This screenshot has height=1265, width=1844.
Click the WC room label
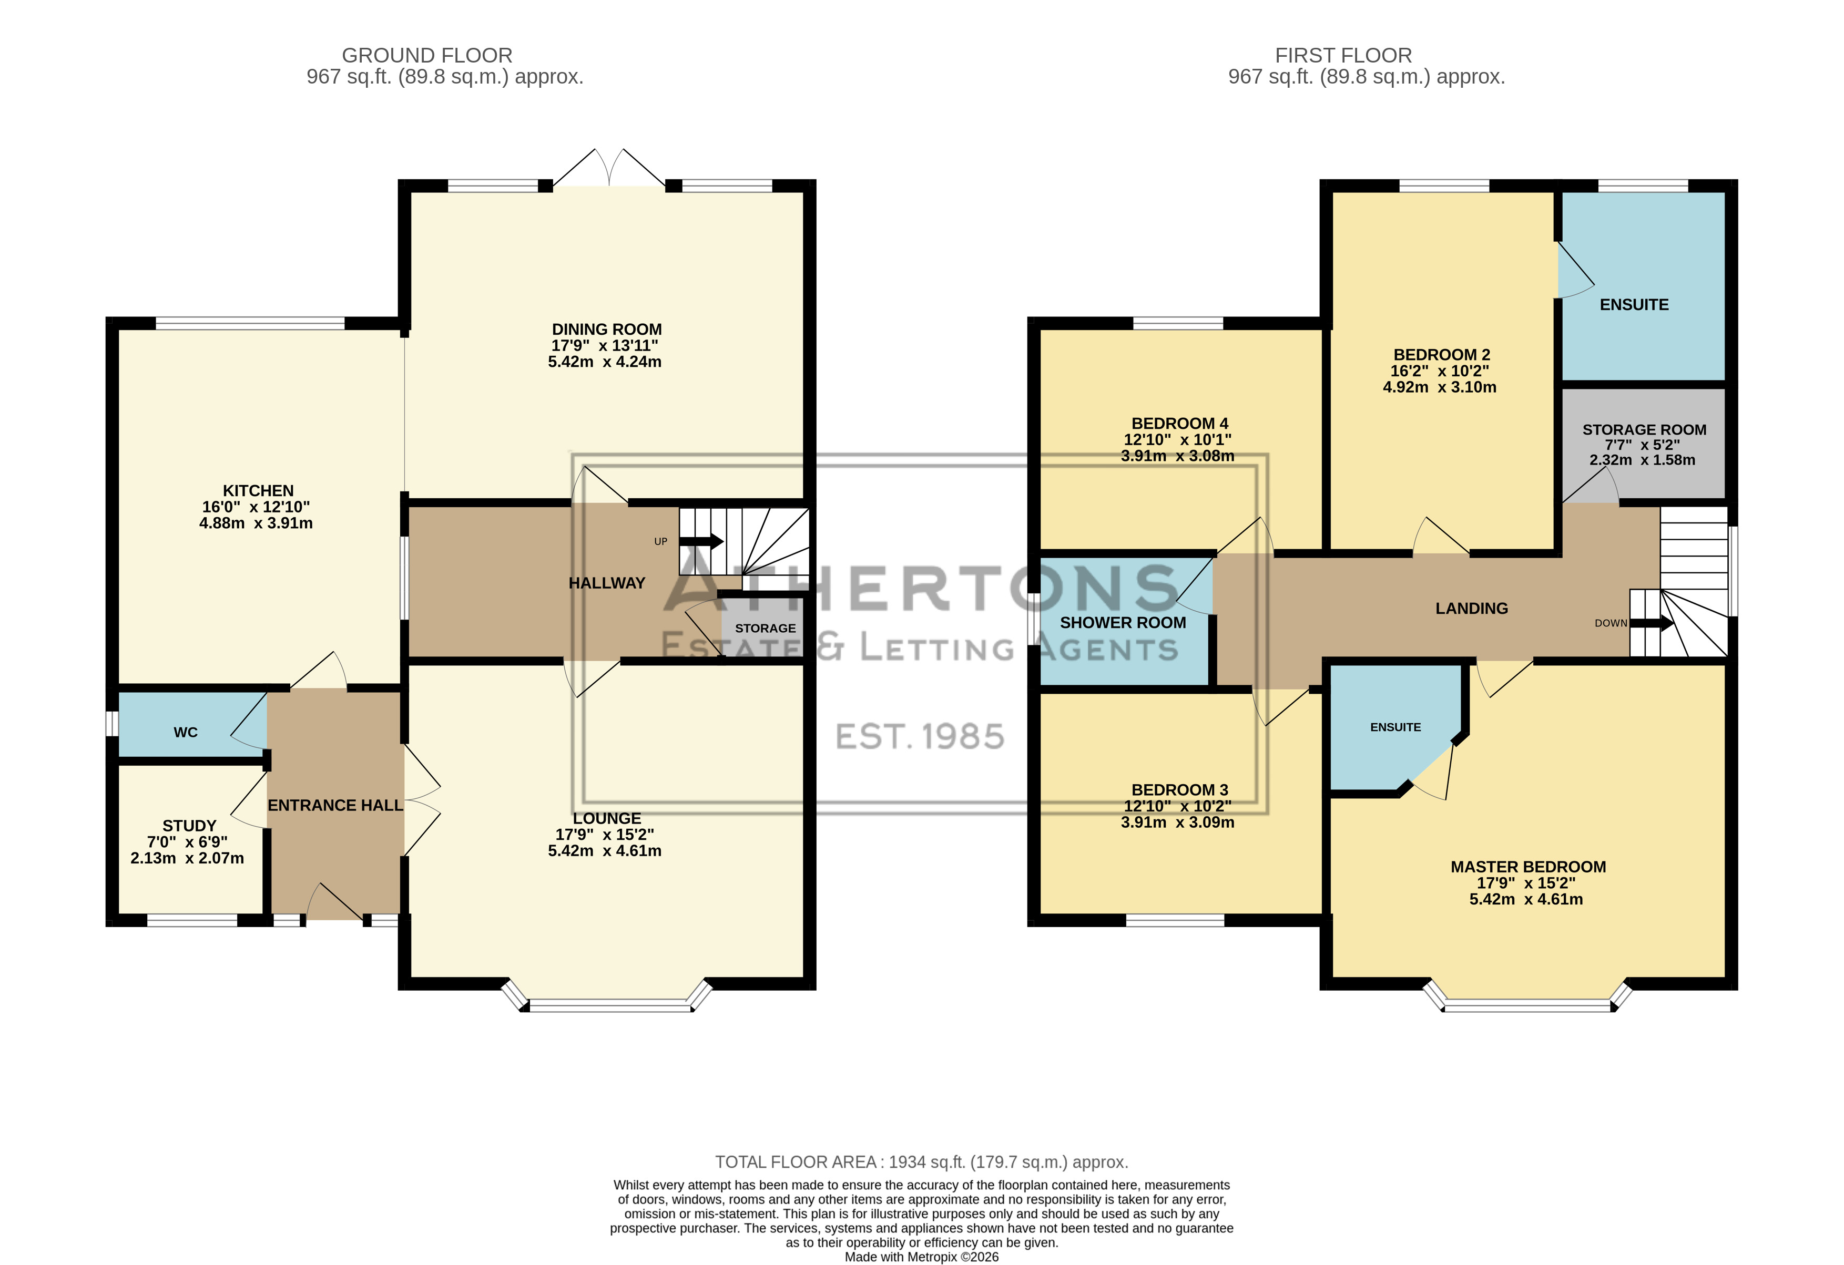point(186,732)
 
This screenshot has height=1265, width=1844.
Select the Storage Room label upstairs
point(1644,430)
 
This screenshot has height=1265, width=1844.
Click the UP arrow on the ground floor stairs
point(700,542)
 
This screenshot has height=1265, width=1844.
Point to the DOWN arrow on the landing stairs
point(1651,623)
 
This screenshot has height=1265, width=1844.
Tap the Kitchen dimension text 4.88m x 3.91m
point(256,523)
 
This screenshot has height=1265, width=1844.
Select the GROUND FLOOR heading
point(427,56)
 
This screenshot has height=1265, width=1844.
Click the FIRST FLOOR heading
point(1343,56)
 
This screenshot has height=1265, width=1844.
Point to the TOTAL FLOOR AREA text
point(921,1162)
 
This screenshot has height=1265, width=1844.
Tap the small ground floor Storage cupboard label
point(765,628)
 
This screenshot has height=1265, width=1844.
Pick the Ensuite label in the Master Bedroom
point(1395,727)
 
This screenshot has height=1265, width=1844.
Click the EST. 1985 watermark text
point(920,737)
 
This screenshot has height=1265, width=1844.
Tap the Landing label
point(1471,608)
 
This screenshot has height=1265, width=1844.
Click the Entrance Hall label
point(335,805)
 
